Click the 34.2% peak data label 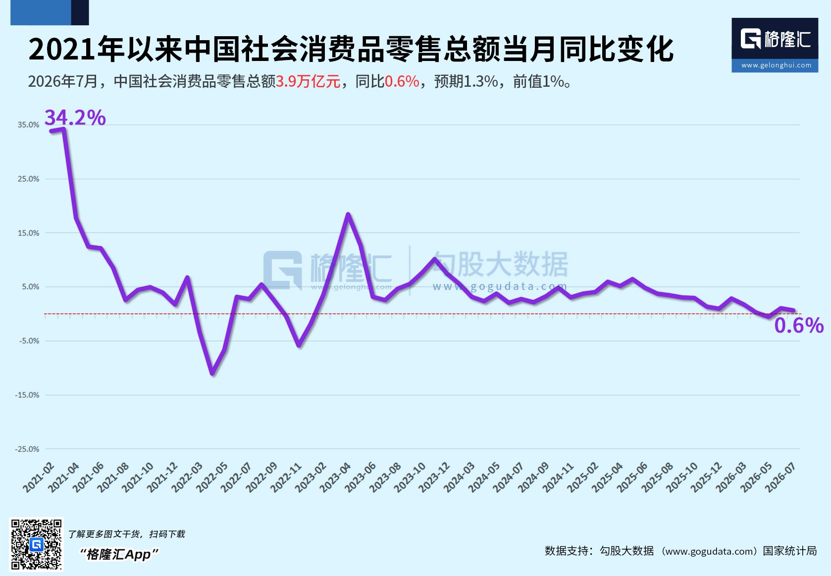point(75,117)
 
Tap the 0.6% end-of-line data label point(799,325)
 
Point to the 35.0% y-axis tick point(28,125)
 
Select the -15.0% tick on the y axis point(27,395)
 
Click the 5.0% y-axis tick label point(30,287)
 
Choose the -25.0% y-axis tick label point(27,449)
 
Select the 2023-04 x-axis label point(335,477)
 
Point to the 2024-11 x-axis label point(558,477)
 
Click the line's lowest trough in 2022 point(212,374)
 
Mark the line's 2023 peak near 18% point(348,214)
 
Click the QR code point(36,544)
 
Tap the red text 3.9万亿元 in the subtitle point(308,81)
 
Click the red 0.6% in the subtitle point(402,81)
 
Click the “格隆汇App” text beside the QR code point(119,555)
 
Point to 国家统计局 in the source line point(790,551)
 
